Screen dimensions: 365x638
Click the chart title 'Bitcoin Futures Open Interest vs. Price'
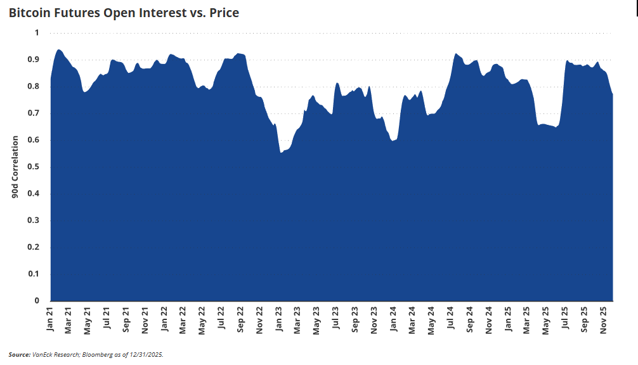point(124,13)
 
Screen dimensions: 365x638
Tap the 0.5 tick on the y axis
point(36,167)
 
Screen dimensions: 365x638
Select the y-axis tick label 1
point(37,32)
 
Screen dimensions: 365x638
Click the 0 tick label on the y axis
point(37,301)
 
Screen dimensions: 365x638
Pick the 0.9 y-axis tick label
point(36,60)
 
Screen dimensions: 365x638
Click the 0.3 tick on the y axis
point(36,221)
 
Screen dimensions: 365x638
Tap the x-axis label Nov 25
point(604,319)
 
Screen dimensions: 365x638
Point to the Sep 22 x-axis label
point(240,319)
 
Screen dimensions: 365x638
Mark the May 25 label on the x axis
point(546,319)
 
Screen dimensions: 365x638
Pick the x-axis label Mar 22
point(183,319)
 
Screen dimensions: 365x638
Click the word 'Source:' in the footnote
point(19,354)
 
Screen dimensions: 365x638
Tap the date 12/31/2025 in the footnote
point(145,354)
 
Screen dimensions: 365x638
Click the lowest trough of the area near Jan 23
point(280,153)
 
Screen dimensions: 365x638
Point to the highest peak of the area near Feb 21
point(59,49)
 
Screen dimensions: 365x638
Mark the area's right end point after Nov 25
point(613,94)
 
